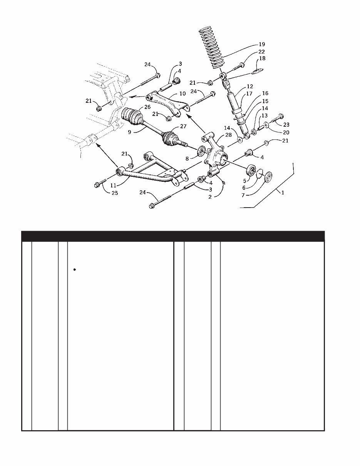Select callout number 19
point(262,45)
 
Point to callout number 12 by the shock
point(250,87)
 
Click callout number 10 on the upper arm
point(183,94)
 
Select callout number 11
point(113,185)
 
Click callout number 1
point(283,193)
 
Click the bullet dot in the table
point(74,270)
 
